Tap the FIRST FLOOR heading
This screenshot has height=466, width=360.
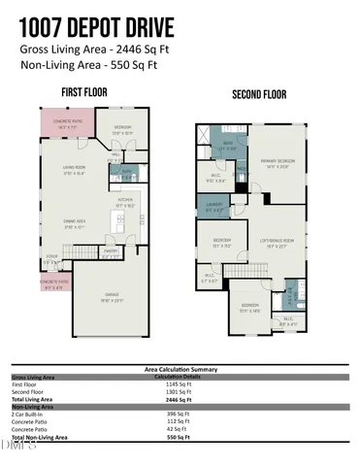coord(84,91)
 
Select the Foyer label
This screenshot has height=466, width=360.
coord(49,258)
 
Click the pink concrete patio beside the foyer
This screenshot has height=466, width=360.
coord(52,285)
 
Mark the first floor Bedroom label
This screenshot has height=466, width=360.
coord(122,129)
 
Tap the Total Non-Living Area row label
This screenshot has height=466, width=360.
coord(44,438)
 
